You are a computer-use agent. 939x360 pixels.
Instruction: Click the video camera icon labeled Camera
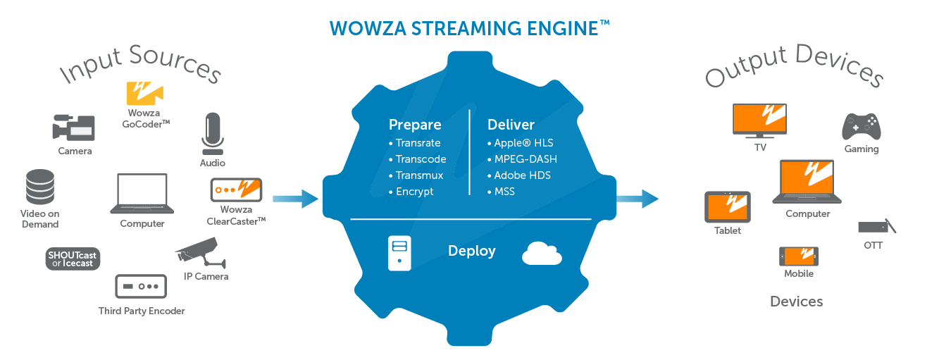click(x=73, y=128)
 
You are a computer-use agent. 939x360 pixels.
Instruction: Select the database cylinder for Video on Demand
click(x=39, y=187)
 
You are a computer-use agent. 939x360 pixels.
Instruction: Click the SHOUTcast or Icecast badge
click(x=73, y=259)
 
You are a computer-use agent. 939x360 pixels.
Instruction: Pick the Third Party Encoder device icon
click(x=141, y=287)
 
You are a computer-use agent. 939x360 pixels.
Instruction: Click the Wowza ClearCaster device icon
click(x=236, y=190)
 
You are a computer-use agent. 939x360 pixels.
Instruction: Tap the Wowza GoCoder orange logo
click(x=144, y=94)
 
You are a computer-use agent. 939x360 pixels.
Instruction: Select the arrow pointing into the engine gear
click(x=295, y=199)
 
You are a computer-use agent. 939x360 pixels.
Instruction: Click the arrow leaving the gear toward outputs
click(x=638, y=199)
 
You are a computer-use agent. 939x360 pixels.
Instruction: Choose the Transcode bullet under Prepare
click(x=421, y=159)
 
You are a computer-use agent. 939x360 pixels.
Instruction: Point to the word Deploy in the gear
click(x=472, y=251)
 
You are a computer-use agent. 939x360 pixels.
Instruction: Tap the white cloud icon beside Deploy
click(x=542, y=253)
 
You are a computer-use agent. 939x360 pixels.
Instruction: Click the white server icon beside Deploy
click(x=399, y=253)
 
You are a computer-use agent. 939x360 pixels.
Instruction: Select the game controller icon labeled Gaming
click(x=862, y=127)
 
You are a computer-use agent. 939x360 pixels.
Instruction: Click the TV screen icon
click(x=759, y=120)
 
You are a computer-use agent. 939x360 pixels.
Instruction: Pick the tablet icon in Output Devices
click(x=728, y=207)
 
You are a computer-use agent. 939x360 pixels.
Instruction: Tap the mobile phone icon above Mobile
click(x=798, y=256)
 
